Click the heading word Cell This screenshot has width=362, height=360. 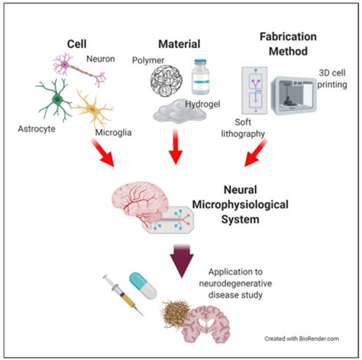76,44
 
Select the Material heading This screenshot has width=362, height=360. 179,44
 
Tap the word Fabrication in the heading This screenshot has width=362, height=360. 288,37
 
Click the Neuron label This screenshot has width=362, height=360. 101,59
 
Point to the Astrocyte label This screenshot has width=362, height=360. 37,129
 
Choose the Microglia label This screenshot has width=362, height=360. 113,132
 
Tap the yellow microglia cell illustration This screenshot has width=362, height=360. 93,109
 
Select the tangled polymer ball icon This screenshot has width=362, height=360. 166,81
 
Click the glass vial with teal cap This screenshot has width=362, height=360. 201,77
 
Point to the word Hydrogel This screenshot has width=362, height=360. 202,104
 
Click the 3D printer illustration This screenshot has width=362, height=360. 293,96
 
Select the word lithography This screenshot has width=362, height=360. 243,134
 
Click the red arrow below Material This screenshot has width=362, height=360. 176,147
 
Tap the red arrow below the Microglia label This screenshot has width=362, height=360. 103,153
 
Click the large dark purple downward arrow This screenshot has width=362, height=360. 182,261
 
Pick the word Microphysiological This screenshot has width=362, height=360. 240,205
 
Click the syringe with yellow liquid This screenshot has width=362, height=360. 123,295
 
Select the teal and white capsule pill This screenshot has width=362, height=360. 143,286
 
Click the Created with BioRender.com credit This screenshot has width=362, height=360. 302,339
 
